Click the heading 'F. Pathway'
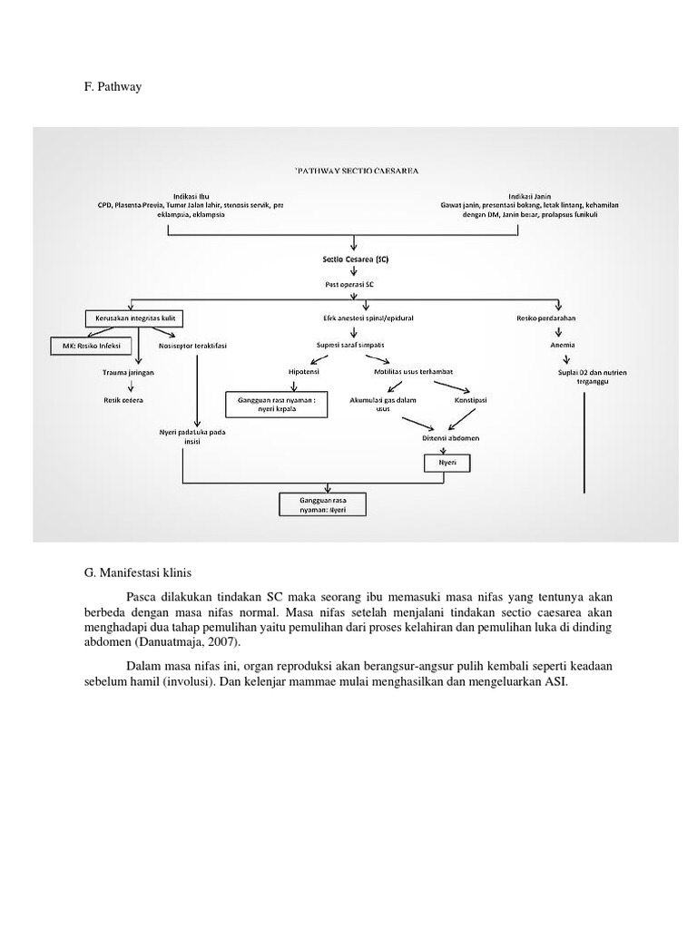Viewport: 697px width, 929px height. (113, 87)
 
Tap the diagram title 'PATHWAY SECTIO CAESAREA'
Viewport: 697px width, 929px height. (357, 170)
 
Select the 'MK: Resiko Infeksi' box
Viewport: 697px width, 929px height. (91, 346)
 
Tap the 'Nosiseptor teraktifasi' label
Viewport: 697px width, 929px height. (192, 346)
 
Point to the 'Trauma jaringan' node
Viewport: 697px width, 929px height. (127, 372)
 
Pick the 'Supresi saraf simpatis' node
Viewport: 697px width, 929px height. (348, 346)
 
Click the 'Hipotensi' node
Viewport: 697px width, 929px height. (303, 372)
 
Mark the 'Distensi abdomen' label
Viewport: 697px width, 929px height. (451, 438)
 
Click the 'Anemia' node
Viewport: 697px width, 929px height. (562, 346)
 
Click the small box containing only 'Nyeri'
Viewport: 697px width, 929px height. (447, 463)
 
